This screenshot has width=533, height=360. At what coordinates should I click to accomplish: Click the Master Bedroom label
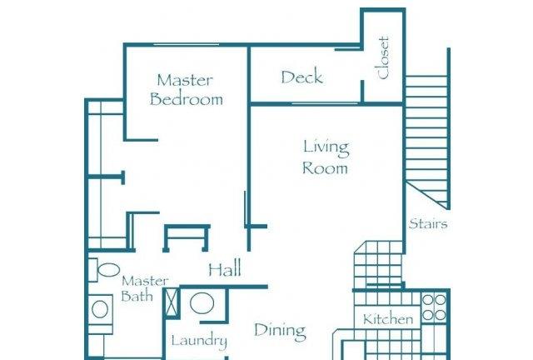[187, 89]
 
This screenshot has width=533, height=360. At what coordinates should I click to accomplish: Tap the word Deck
[301, 77]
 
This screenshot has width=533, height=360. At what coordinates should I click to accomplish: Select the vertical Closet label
[383, 57]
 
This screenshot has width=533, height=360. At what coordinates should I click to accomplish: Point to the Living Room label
[326, 157]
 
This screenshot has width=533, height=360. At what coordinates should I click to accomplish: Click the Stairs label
[428, 224]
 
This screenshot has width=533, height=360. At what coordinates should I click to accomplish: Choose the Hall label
[225, 269]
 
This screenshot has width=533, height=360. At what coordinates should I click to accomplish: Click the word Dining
[280, 331]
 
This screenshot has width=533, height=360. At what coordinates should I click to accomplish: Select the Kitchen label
[388, 319]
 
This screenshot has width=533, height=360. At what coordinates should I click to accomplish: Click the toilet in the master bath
[104, 270]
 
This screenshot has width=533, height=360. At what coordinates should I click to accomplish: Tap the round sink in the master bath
[100, 309]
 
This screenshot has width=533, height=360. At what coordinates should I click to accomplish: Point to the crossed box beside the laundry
[172, 302]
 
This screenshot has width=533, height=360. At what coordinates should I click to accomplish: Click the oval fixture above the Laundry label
[202, 302]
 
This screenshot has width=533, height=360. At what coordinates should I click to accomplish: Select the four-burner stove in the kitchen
[434, 307]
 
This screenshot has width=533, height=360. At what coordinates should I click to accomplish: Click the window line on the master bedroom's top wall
[186, 44]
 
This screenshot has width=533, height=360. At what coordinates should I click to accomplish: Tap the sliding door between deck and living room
[325, 102]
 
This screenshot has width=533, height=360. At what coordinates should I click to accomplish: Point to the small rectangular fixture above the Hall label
[187, 237]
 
